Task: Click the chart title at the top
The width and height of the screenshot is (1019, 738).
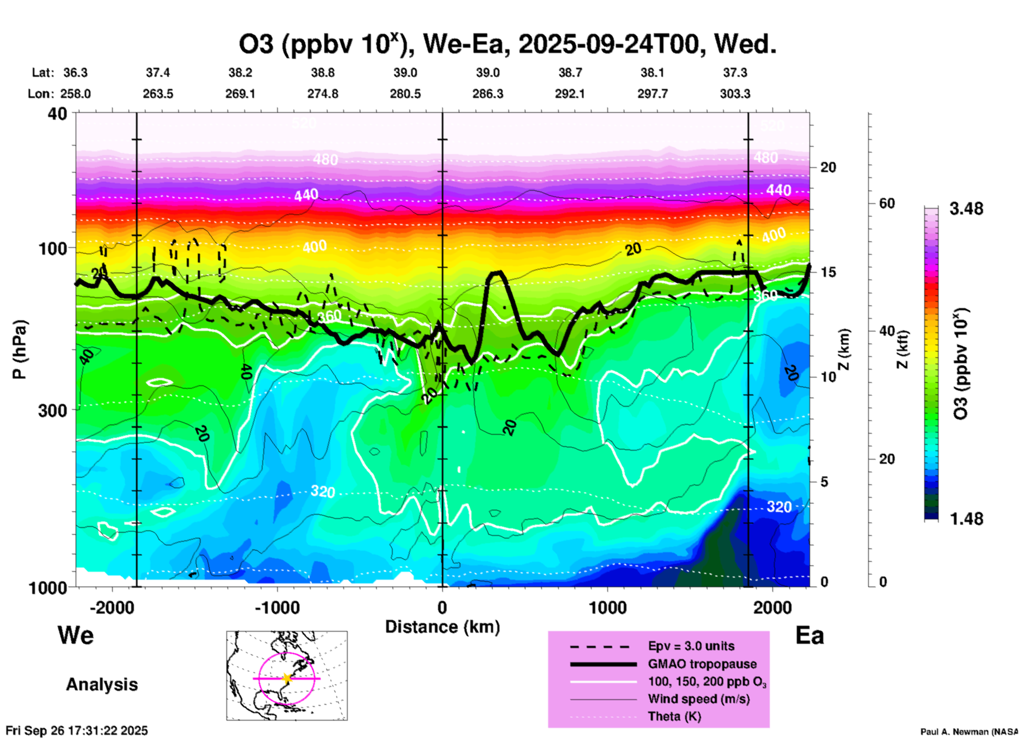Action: pos(507,44)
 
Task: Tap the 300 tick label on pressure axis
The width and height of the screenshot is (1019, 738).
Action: pos(52,410)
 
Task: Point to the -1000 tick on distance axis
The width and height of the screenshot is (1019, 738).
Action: pos(277,608)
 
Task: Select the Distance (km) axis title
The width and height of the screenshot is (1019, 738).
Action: pos(442,627)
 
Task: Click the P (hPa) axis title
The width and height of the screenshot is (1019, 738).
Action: pos(19,349)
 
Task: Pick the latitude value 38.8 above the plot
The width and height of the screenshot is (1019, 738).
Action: pos(323,73)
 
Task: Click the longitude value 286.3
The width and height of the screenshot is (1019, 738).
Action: pos(488,94)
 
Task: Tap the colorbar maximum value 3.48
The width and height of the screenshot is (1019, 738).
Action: pos(966,209)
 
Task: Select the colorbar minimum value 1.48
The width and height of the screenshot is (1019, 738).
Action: pos(966,519)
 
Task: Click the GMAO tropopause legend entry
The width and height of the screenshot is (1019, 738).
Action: pos(702,664)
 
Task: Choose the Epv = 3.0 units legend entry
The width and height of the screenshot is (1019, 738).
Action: pos(691,646)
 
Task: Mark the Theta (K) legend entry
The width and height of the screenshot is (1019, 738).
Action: pos(674,716)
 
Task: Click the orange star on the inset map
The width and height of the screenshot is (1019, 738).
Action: pos(287,678)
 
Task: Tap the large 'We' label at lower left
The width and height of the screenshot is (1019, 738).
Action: pos(76,635)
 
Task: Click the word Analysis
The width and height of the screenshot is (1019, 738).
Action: pos(102,685)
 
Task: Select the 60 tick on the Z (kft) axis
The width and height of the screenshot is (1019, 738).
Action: pos(887,203)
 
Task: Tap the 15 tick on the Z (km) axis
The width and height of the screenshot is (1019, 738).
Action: pos(828,272)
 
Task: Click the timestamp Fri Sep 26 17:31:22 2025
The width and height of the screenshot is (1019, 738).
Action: pos(77,731)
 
